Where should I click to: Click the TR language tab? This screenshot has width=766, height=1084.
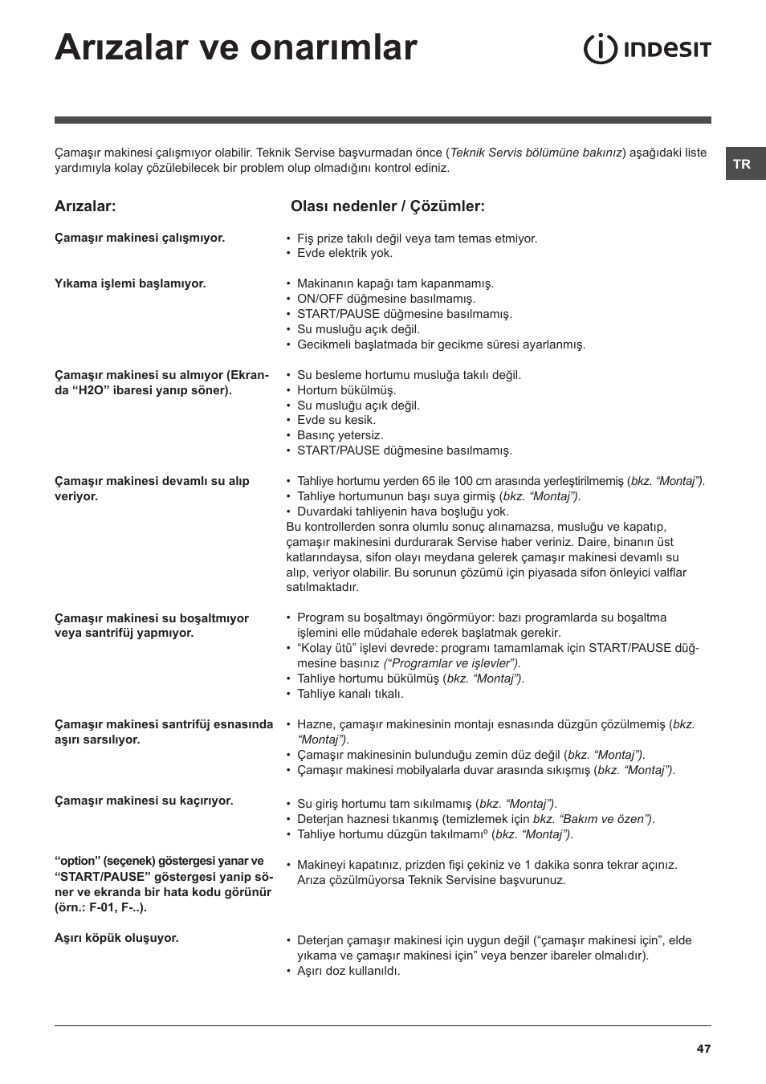[742, 164]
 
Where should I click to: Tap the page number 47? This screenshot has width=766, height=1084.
[703, 1048]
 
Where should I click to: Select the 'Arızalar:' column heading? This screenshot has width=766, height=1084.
[85, 206]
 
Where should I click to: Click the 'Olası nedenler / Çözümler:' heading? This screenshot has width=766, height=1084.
[387, 206]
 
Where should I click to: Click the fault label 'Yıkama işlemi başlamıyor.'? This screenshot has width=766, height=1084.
[130, 283]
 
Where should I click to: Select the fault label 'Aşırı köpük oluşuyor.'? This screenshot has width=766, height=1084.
[116, 938]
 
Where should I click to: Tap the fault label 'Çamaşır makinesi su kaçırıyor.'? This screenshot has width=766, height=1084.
[144, 801]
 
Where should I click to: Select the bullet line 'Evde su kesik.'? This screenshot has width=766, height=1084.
[336, 420]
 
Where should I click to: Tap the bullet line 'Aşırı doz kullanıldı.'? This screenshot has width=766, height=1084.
[348, 971]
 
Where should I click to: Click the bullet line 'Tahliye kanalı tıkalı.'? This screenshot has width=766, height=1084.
[350, 694]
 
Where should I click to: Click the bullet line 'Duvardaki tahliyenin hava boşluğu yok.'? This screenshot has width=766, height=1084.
[402, 511]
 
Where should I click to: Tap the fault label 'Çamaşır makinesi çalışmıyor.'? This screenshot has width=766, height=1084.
[140, 238]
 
